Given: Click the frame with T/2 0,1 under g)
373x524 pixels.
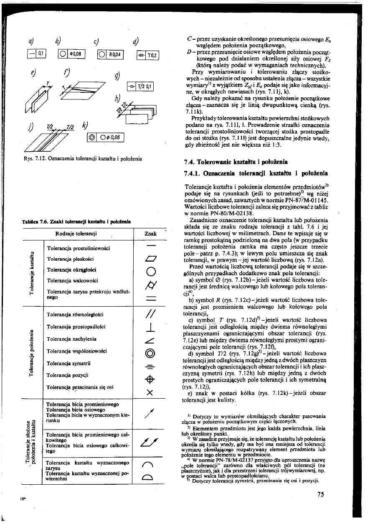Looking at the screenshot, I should pos(140,86).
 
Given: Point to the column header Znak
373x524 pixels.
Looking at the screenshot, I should pos(150,234).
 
